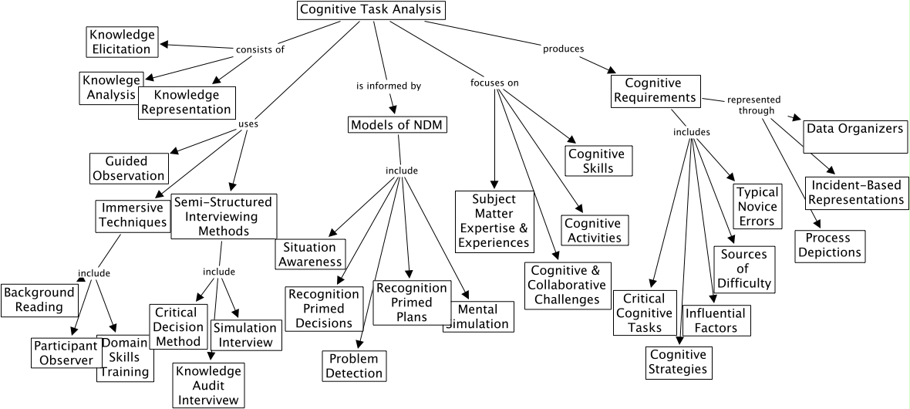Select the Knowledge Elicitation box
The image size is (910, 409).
click(x=121, y=42)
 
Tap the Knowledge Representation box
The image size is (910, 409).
click(x=186, y=102)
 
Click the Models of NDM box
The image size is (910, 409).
click(x=398, y=125)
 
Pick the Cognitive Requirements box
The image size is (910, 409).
click(x=656, y=90)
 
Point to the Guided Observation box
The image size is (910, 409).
click(x=129, y=168)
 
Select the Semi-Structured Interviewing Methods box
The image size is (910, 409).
click(x=223, y=216)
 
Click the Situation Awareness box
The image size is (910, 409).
click(x=310, y=255)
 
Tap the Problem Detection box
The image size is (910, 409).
click(x=354, y=366)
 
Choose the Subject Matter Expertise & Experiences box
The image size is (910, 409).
click(x=494, y=221)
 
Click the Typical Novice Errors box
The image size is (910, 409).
click(x=757, y=206)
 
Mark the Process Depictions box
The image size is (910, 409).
click(x=829, y=246)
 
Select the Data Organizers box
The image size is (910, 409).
click(x=854, y=128)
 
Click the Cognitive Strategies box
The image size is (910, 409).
click(x=679, y=362)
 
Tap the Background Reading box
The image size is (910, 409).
click(x=39, y=299)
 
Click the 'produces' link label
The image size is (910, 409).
click(x=563, y=49)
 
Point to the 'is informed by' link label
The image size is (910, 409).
click(x=388, y=86)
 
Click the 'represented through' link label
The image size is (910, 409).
click(x=753, y=105)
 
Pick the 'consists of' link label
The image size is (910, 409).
click(x=260, y=49)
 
